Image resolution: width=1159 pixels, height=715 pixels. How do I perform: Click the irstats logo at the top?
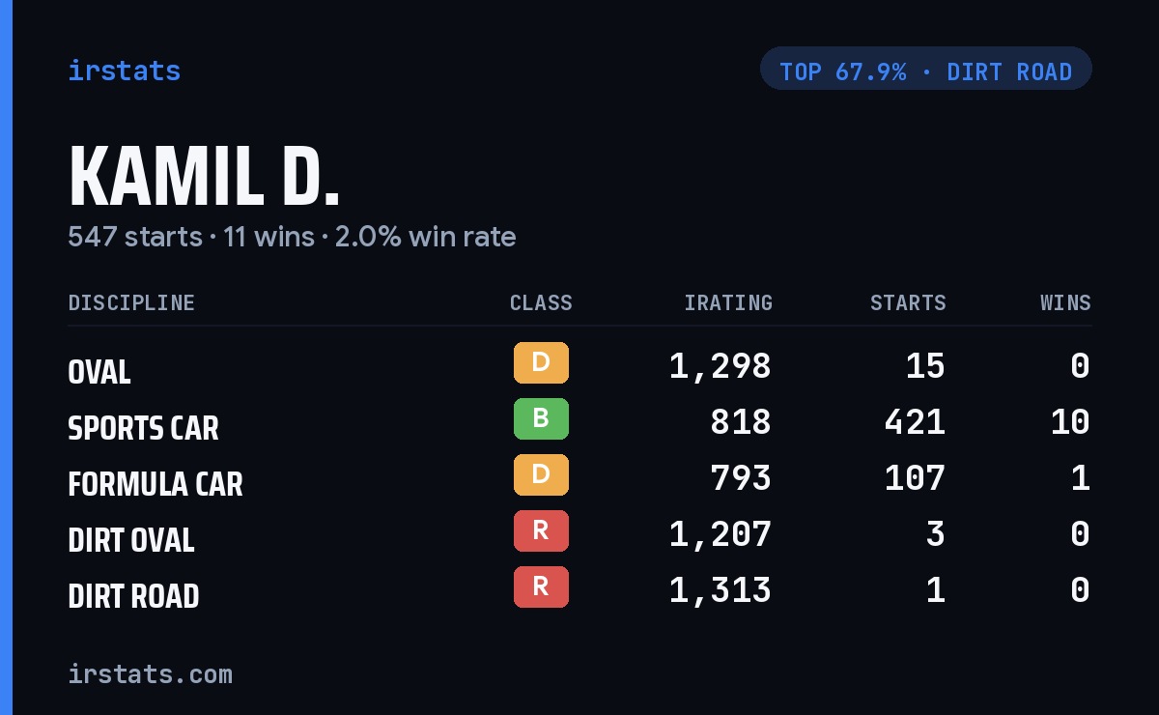(125, 71)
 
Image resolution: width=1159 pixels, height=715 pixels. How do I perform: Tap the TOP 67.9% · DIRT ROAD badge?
(925, 69)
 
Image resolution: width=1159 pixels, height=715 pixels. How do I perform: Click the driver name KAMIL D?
(204, 177)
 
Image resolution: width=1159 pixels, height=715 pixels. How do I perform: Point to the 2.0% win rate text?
(425, 237)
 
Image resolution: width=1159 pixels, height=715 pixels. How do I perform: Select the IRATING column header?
(728, 302)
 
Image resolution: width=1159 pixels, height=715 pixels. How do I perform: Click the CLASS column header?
(541, 302)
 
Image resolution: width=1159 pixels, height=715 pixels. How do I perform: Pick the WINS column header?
(1066, 302)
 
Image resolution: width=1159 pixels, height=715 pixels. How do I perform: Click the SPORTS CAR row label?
(143, 428)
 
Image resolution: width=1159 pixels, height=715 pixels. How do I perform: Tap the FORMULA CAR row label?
(155, 484)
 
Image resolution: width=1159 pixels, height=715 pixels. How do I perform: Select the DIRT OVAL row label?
(131, 540)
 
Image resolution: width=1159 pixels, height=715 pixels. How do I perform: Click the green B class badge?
(541, 418)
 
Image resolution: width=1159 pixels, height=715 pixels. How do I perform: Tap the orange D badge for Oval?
(541, 362)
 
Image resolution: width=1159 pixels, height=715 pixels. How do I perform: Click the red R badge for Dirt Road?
(541, 586)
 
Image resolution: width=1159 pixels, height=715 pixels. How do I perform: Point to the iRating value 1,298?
(721, 367)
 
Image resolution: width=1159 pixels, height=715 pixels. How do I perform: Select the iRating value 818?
(741, 422)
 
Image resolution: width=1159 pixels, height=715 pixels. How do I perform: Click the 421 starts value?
(915, 422)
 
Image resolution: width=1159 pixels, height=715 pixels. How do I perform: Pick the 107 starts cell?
(915, 478)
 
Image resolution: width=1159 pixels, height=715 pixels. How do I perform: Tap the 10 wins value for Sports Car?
(1070, 422)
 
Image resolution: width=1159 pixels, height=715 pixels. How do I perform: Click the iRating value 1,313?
(721, 591)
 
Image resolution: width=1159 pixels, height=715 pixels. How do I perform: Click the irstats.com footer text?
(151, 674)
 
